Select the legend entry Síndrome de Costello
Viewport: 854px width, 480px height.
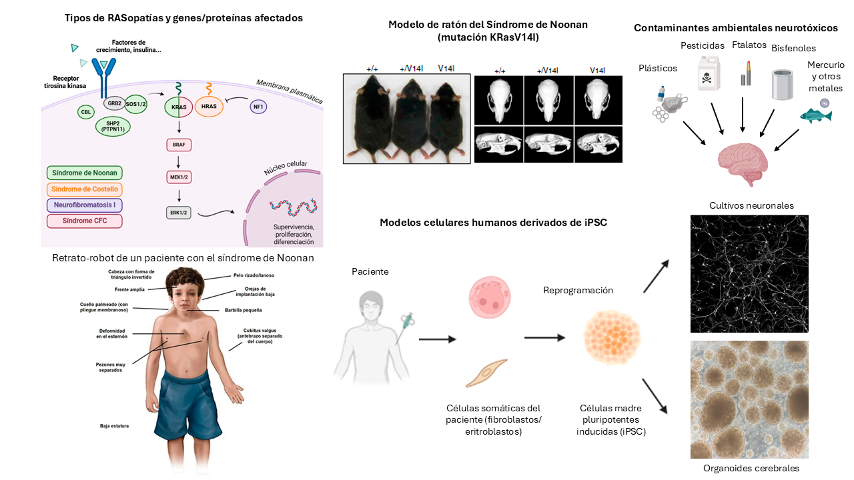tap(85, 189)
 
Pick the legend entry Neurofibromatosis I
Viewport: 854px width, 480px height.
tap(85, 205)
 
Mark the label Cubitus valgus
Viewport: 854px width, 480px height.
tap(253, 336)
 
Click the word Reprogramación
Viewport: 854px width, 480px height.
tap(578, 291)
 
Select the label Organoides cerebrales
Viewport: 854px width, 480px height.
tap(751, 468)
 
